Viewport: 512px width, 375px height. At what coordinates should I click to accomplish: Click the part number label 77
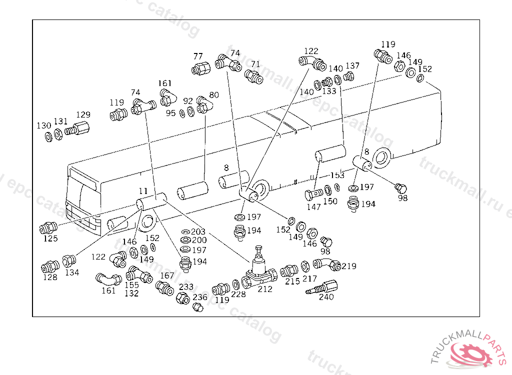(198, 56)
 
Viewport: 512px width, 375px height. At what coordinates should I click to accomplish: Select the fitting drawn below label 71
(254, 76)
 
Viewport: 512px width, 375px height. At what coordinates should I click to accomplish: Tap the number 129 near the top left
(83, 115)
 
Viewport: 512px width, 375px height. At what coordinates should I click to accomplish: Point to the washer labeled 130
(47, 136)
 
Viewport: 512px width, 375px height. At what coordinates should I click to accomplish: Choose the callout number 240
(326, 297)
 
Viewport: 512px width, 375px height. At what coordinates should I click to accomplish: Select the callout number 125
(50, 238)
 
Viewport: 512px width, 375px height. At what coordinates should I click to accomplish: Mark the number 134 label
(72, 272)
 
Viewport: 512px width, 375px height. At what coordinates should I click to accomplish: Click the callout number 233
(186, 287)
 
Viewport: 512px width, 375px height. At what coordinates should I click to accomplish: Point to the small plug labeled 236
(197, 307)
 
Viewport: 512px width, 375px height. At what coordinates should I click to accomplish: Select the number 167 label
(167, 275)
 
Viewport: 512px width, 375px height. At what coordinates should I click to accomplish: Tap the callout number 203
(198, 232)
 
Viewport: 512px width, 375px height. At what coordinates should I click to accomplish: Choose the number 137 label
(352, 66)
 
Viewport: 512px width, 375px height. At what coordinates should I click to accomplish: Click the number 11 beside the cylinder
(143, 191)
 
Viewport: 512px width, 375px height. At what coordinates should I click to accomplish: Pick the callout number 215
(292, 281)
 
